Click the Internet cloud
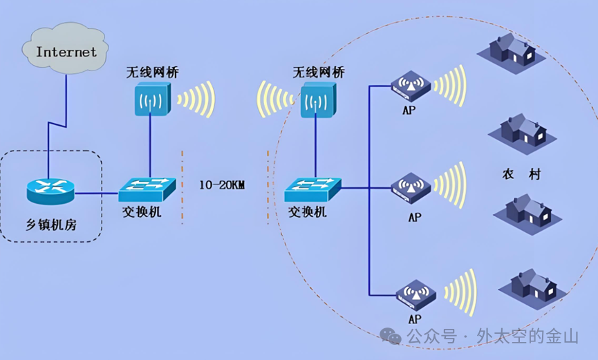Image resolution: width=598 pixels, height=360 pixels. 66,50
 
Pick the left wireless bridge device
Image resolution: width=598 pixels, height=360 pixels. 152,100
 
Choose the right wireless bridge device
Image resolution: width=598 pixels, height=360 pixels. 317,100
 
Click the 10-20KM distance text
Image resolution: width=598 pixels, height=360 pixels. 222,185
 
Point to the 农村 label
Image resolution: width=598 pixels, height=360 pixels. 521,174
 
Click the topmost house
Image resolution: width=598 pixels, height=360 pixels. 511,49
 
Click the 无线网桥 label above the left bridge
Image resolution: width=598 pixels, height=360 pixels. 150,72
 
